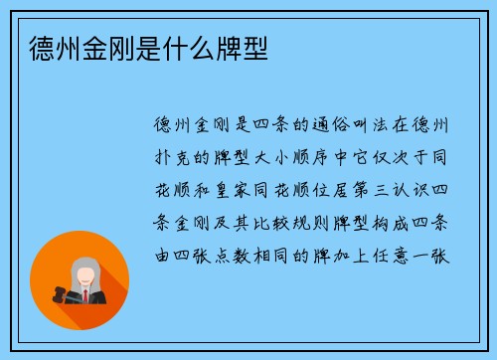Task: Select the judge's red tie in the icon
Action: pos(85,295)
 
